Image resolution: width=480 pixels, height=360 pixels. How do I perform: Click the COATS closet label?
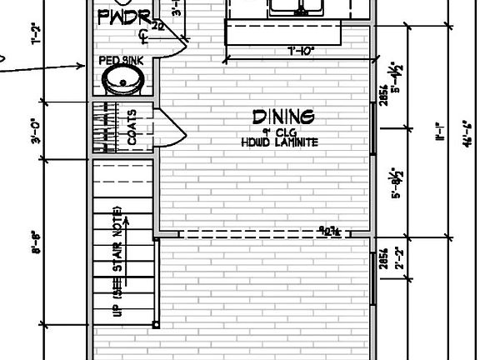click(132, 127)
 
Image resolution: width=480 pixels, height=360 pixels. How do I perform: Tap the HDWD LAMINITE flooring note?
click(280, 142)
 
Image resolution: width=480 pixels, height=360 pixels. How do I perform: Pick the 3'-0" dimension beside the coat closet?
click(36, 130)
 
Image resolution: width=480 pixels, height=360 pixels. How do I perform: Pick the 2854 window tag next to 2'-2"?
click(383, 258)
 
